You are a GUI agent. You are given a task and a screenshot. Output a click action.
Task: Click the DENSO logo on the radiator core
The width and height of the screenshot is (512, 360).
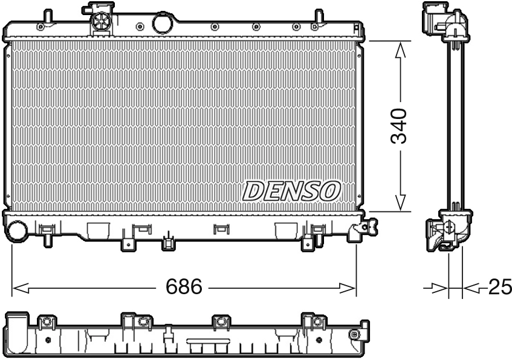click(291, 191)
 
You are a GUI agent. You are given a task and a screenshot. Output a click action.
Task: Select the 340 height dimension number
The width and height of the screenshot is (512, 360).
click(398, 126)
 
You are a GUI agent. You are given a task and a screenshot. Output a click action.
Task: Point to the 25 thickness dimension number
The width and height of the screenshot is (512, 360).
click(499, 288)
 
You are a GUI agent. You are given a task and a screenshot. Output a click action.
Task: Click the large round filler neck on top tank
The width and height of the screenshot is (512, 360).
click(162, 23)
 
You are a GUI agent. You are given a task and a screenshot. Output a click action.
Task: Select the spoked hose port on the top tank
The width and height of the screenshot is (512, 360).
click(101, 24)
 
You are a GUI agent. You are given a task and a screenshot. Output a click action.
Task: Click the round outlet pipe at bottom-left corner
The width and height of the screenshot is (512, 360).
click(17, 232)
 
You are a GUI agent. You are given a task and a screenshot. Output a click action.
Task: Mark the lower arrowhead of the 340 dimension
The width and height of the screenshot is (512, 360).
click(399, 202)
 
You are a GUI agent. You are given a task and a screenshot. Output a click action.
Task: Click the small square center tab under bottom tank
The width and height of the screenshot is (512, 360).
click(168, 243)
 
